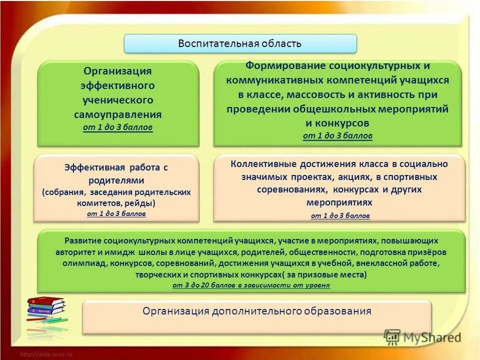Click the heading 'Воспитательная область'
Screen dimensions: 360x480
240,43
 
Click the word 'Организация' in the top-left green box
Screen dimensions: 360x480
117,71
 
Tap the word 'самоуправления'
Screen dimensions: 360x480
117,115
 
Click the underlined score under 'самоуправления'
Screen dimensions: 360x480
117,127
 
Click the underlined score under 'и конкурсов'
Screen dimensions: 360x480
337,136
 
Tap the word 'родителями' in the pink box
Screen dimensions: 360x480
116,180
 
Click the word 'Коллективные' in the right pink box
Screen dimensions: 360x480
263,164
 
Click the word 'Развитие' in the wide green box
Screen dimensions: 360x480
81,240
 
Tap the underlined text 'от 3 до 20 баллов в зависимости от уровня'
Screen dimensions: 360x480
251,285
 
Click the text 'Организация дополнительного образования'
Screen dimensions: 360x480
256,311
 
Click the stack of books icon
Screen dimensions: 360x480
46,309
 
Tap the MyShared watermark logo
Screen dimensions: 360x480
422,337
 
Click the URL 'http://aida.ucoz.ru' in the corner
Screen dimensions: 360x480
46,354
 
